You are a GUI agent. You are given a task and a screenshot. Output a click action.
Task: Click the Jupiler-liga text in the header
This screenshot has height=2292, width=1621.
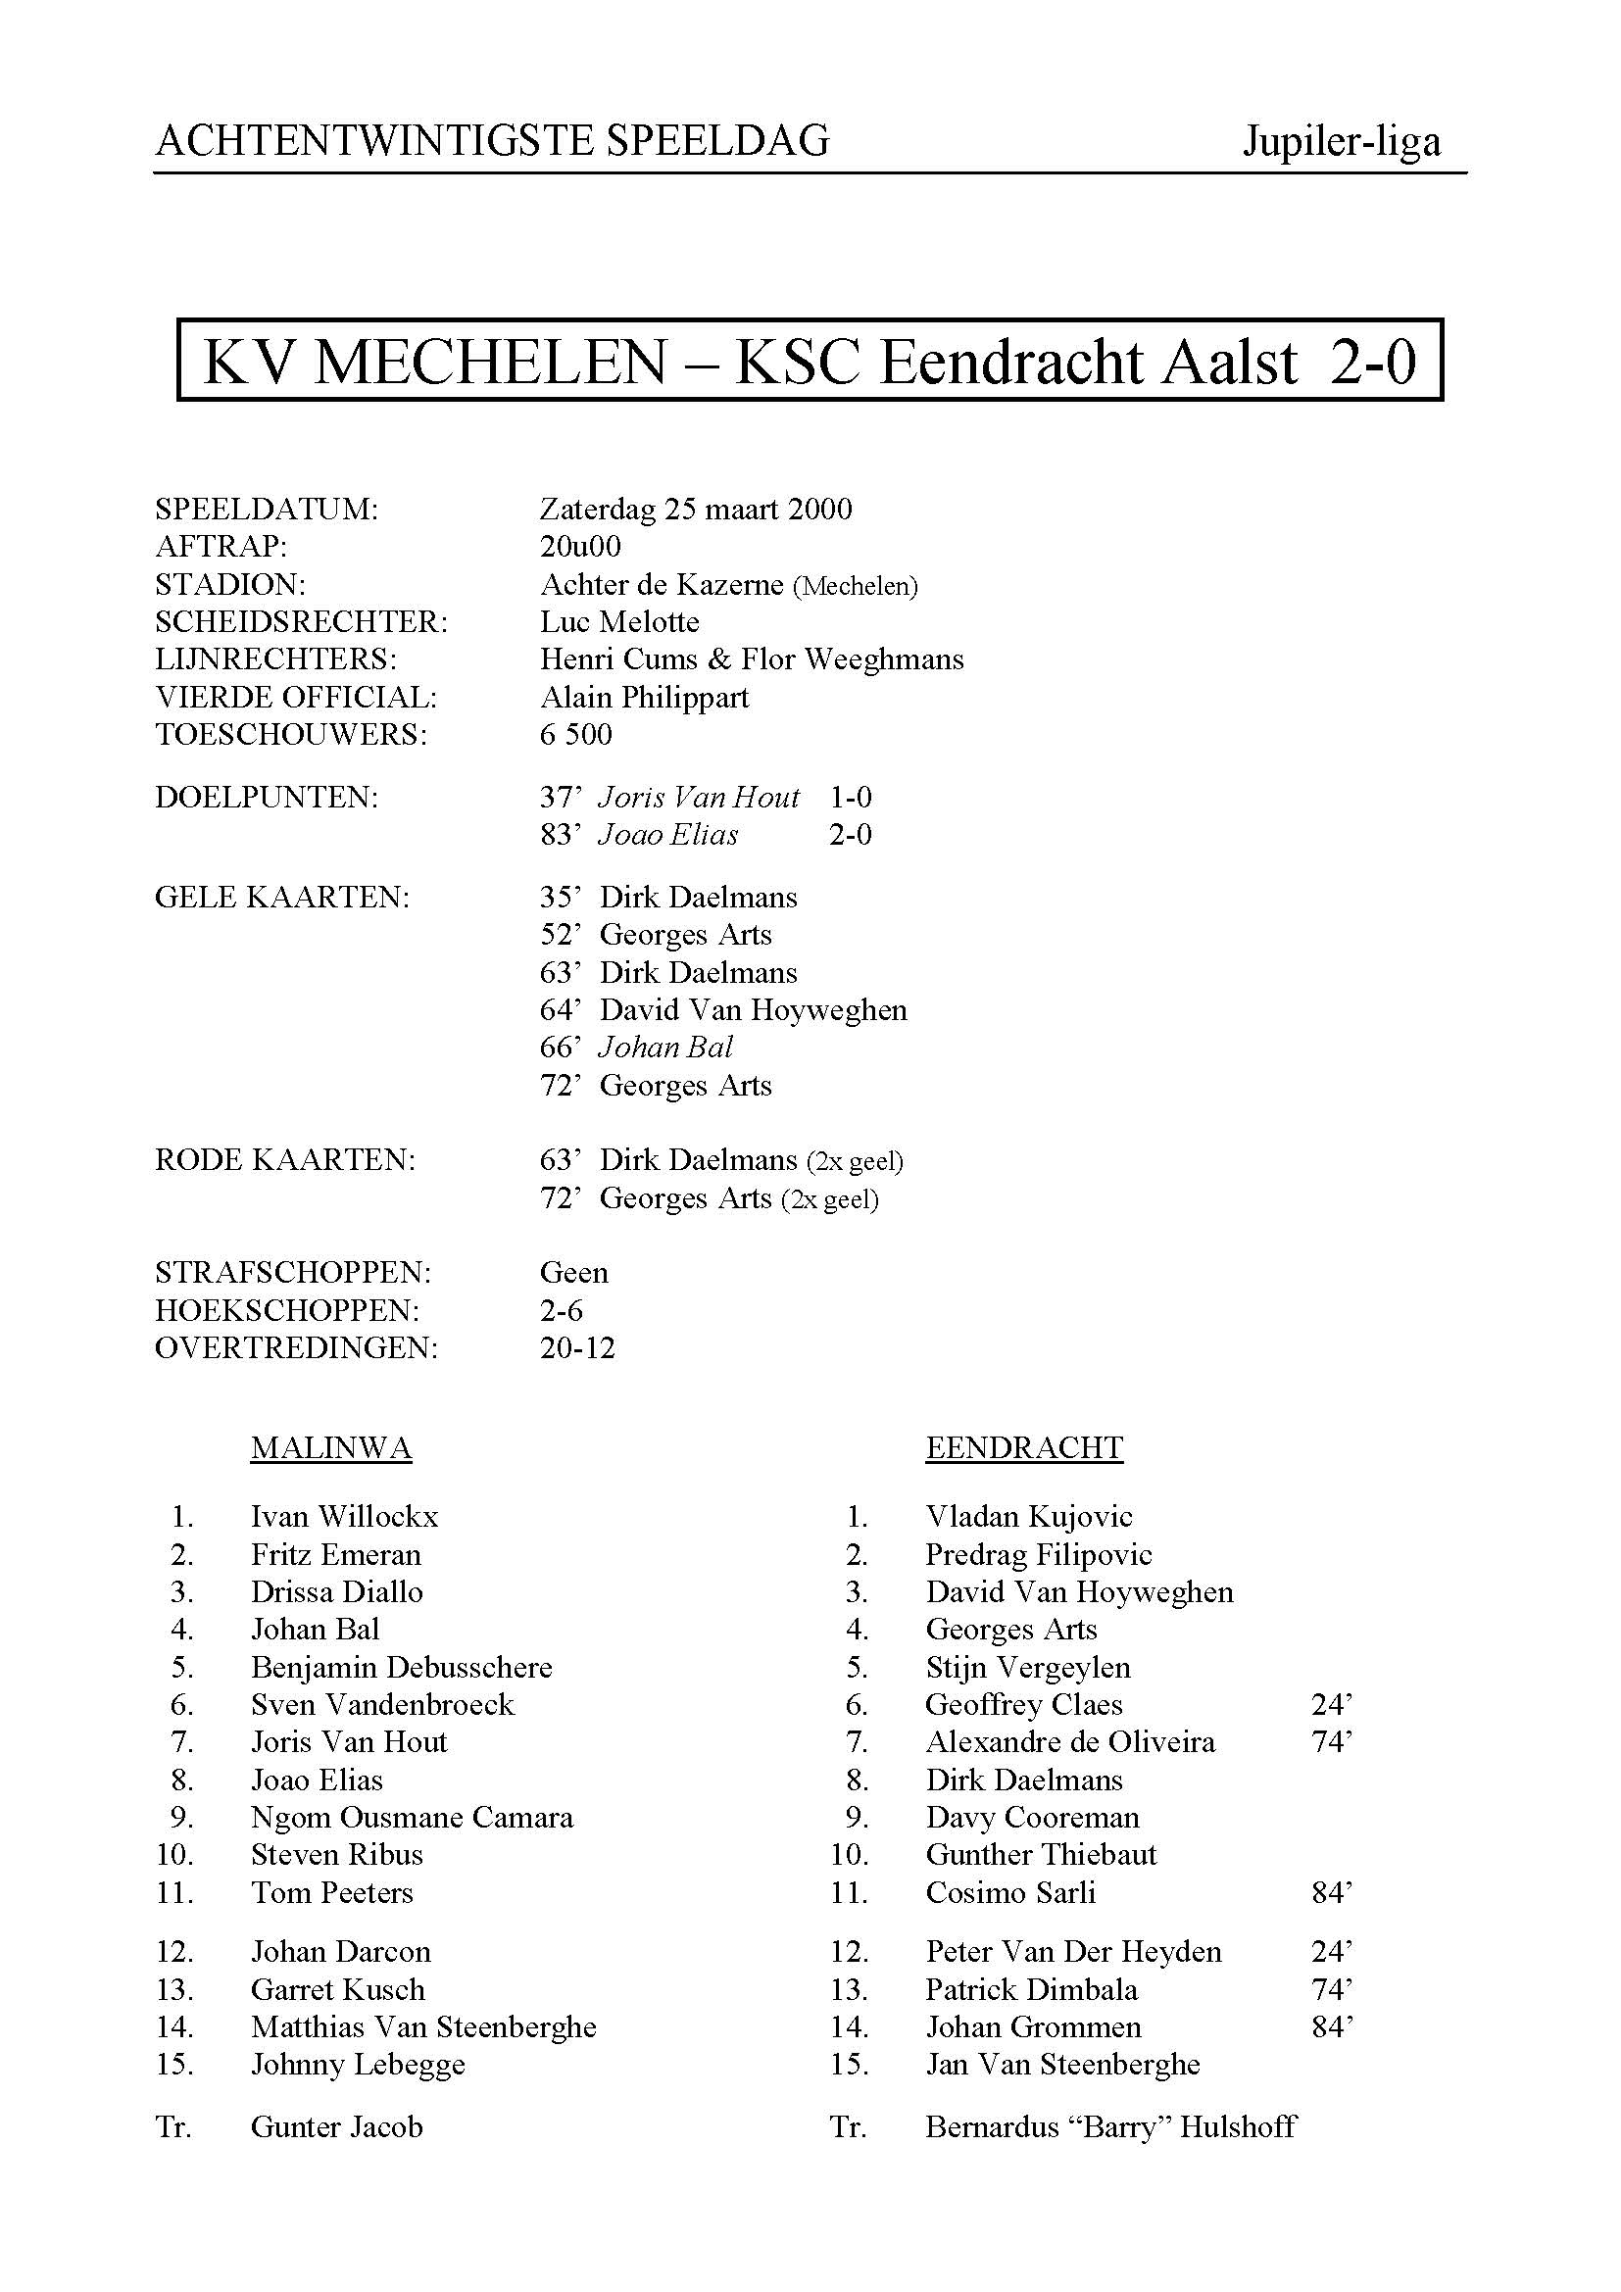(x=1341, y=142)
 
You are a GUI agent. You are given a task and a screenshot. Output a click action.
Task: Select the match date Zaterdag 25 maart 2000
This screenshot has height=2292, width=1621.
(x=696, y=510)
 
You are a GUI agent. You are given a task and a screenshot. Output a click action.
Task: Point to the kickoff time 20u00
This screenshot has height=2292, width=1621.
(x=580, y=546)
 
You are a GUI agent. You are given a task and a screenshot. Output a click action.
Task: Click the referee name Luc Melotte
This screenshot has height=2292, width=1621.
(x=618, y=622)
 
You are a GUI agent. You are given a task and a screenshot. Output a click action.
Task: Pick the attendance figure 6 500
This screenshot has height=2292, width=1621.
(x=576, y=735)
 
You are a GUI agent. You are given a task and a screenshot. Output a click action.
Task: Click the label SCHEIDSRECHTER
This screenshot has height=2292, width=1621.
(x=301, y=622)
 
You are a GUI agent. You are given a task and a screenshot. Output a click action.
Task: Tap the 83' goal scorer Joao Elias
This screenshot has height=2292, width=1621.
(x=667, y=835)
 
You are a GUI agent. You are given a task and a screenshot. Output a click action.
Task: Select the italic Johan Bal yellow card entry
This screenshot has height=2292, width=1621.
(x=665, y=1048)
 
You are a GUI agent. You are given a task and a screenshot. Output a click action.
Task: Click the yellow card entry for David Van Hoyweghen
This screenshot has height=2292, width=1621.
(x=753, y=1010)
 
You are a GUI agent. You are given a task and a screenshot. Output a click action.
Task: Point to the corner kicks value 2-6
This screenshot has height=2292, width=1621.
(x=561, y=1310)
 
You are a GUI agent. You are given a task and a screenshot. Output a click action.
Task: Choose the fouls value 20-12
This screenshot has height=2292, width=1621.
(x=577, y=1347)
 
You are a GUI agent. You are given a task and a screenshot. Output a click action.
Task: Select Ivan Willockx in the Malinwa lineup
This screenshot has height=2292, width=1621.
(x=344, y=1516)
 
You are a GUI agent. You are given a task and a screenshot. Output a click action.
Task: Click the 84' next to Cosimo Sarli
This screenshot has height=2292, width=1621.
(x=1332, y=1893)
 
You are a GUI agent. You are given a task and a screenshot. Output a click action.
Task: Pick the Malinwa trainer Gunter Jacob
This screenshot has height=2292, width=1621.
(x=336, y=2127)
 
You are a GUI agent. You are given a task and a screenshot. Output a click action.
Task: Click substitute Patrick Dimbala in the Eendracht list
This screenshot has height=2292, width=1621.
(x=1031, y=1989)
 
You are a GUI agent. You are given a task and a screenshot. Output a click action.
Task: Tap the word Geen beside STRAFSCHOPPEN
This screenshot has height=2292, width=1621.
(x=574, y=1272)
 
